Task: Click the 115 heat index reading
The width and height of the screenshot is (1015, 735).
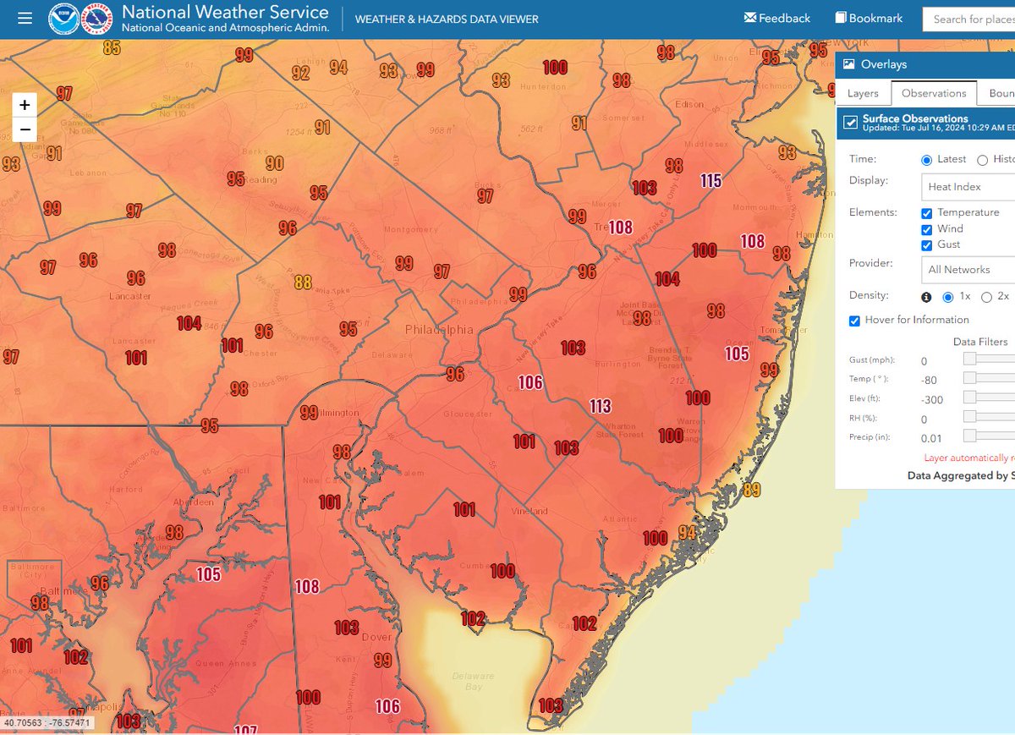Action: click(710, 180)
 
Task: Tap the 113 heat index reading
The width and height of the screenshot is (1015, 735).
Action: click(601, 407)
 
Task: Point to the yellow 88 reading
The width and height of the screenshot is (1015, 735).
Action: click(303, 282)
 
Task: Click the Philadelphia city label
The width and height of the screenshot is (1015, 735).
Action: click(439, 330)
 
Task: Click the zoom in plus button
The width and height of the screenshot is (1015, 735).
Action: click(25, 105)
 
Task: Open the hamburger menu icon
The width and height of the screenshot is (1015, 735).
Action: click(25, 18)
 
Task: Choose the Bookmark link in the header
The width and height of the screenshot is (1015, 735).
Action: click(869, 18)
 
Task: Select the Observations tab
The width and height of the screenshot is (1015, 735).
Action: click(934, 93)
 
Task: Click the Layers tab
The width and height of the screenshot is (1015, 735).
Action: click(863, 93)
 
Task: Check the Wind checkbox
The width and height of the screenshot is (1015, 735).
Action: click(927, 229)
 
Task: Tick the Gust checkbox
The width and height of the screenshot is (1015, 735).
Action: click(927, 245)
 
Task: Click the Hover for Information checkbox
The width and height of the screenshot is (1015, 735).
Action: click(855, 321)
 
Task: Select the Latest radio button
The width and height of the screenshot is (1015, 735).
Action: click(927, 160)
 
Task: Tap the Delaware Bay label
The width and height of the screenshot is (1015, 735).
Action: click(472, 681)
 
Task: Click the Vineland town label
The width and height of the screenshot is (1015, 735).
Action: click(529, 511)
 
